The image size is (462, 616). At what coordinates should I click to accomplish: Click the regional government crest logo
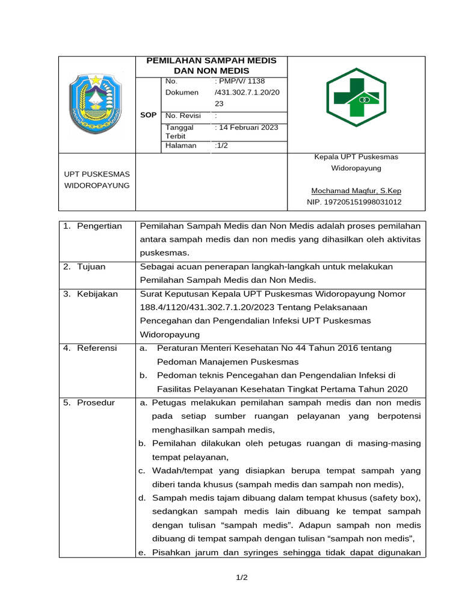[x=96, y=104]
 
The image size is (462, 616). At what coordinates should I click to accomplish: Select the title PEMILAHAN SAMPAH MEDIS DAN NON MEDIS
[x=212, y=66]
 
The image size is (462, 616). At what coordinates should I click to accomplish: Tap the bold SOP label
[x=148, y=115]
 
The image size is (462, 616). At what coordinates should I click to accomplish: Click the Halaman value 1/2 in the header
[x=221, y=146]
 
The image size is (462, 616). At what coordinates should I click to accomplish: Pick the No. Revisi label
[x=183, y=115]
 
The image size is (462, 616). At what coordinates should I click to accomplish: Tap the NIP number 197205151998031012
[x=354, y=203]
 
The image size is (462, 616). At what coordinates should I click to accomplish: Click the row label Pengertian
[x=99, y=226]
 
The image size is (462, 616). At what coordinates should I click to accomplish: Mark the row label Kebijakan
[x=97, y=294]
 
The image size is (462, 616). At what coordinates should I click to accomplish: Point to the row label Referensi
[x=97, y=348]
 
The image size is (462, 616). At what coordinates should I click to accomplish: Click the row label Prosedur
[x=95, y=402]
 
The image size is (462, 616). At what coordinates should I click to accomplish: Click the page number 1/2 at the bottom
[x=241, y=577]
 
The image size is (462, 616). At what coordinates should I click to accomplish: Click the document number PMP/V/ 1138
[x=240, y=81]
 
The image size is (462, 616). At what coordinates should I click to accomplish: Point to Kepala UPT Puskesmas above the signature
[x=356, y=157]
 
